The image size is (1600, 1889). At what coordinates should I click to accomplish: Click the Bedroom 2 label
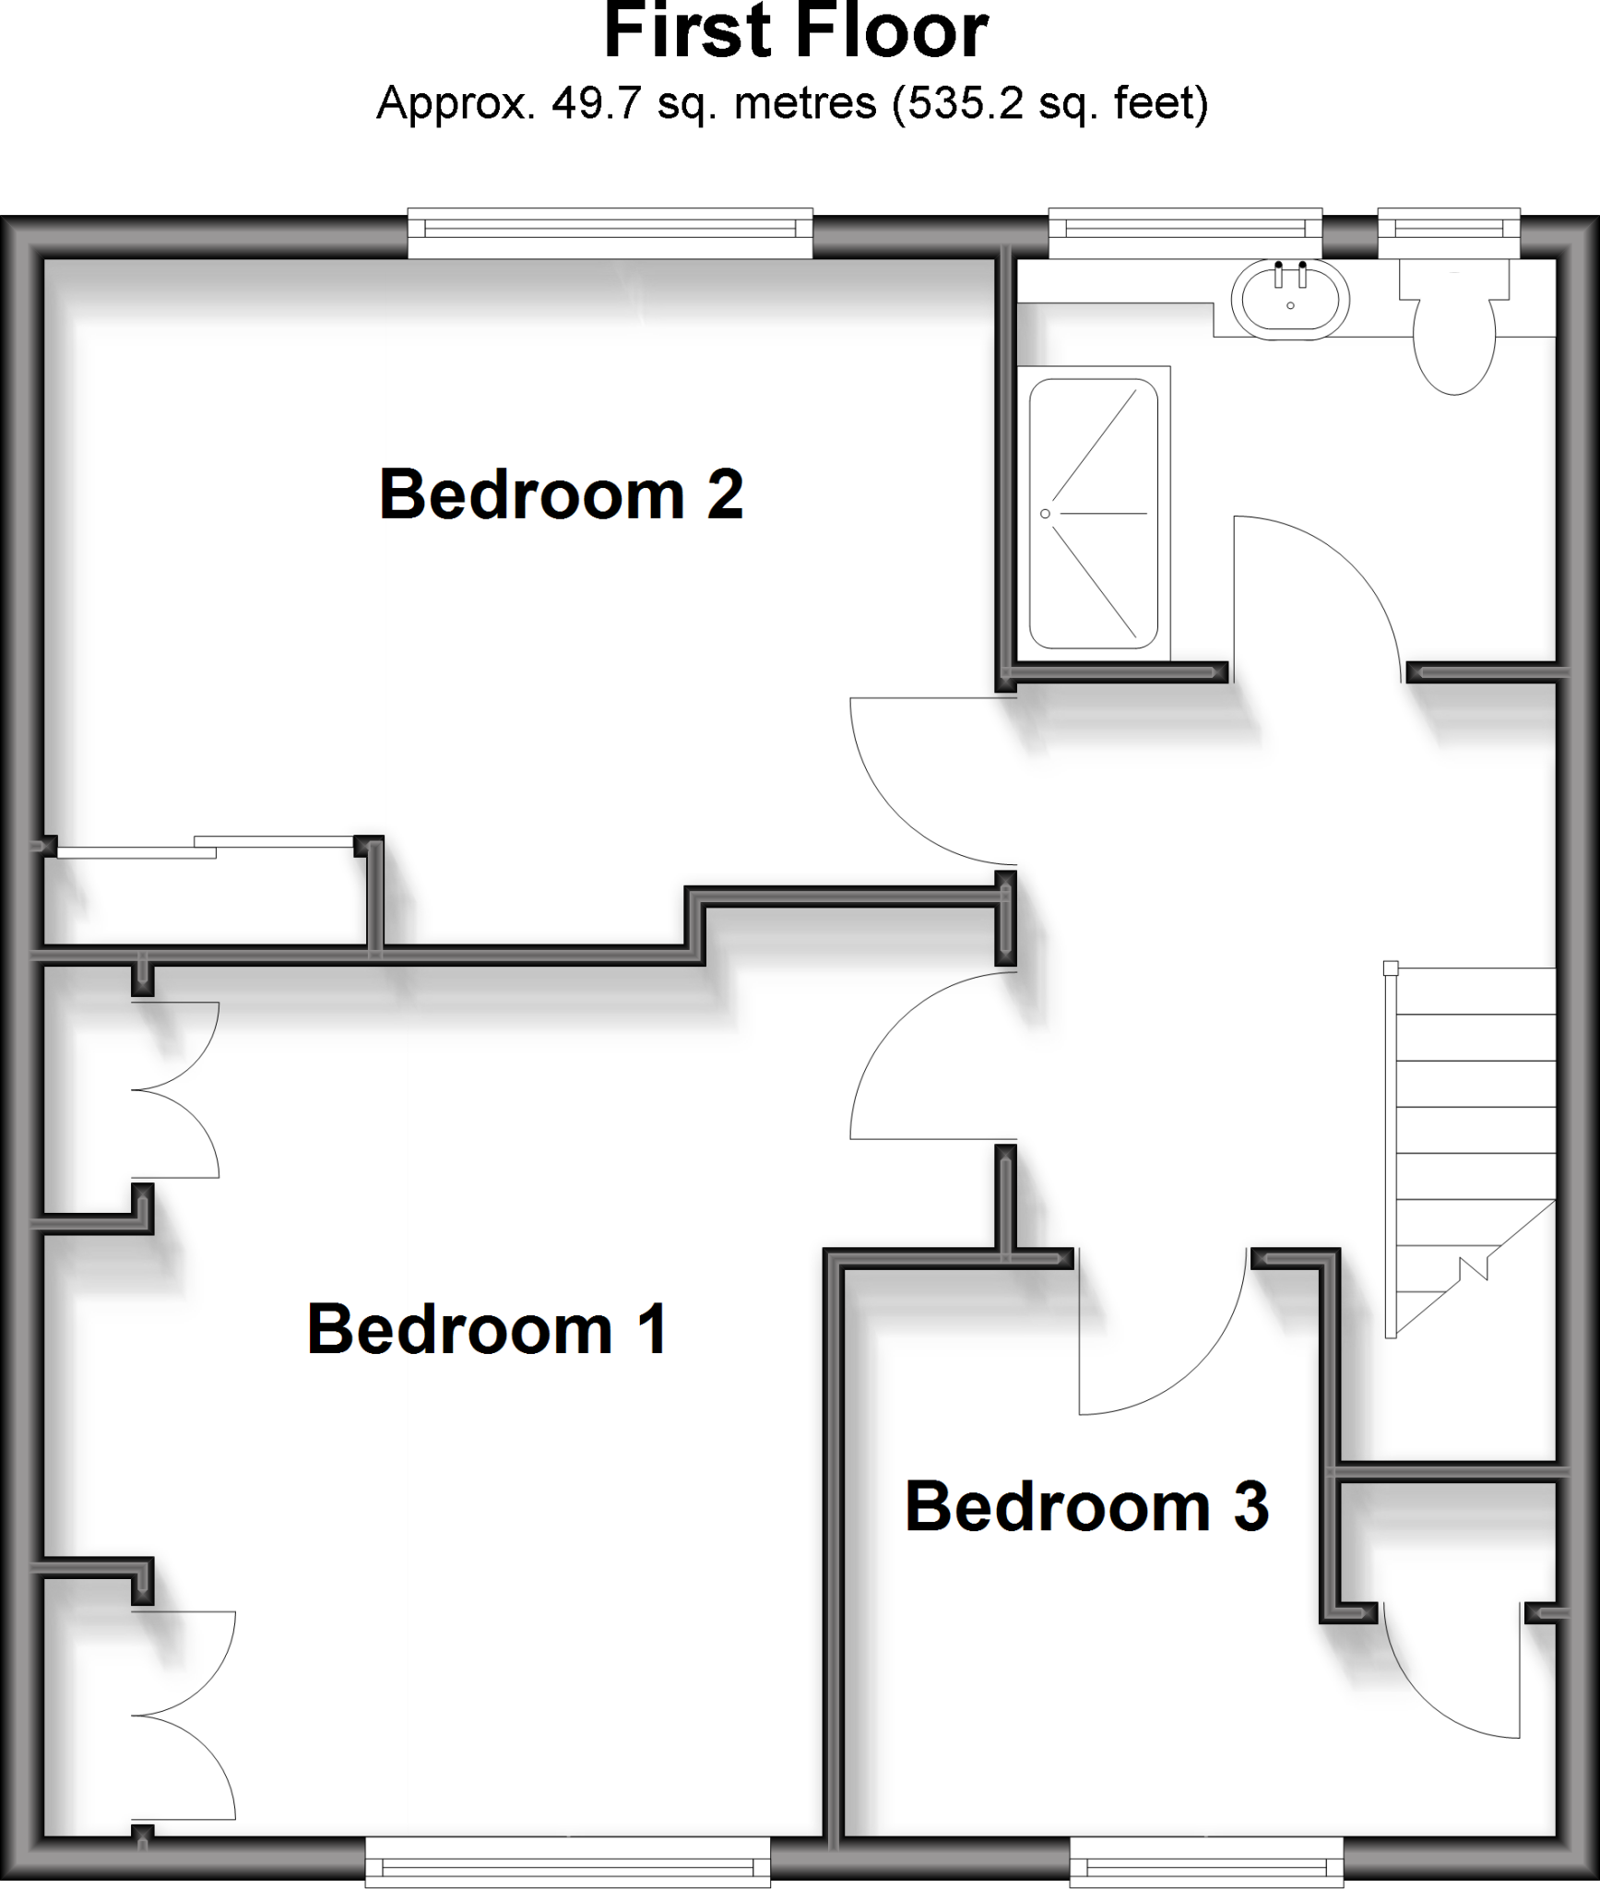coord(561,495)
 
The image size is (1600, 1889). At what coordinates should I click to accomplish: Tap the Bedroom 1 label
coord(487,1329)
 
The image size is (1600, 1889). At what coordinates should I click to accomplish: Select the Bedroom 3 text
coord(1086,1506)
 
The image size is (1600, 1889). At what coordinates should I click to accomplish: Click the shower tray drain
coord(1045,513)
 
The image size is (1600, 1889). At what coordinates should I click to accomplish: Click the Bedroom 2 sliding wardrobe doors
coord(206,847)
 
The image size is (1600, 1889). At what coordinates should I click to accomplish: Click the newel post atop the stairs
coord(1391,968)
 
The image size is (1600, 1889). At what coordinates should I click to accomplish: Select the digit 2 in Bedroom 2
coord(724,495)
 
